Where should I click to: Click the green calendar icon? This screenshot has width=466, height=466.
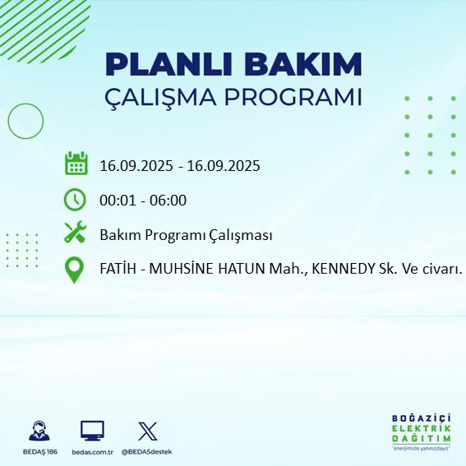coord(76,164)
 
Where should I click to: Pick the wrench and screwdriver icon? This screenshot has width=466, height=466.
coord(76,234)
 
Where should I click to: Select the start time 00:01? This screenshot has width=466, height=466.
coord(117,201)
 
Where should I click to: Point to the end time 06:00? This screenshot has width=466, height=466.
coord(168,201)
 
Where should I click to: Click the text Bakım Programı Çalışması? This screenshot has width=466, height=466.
coord(186,235)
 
